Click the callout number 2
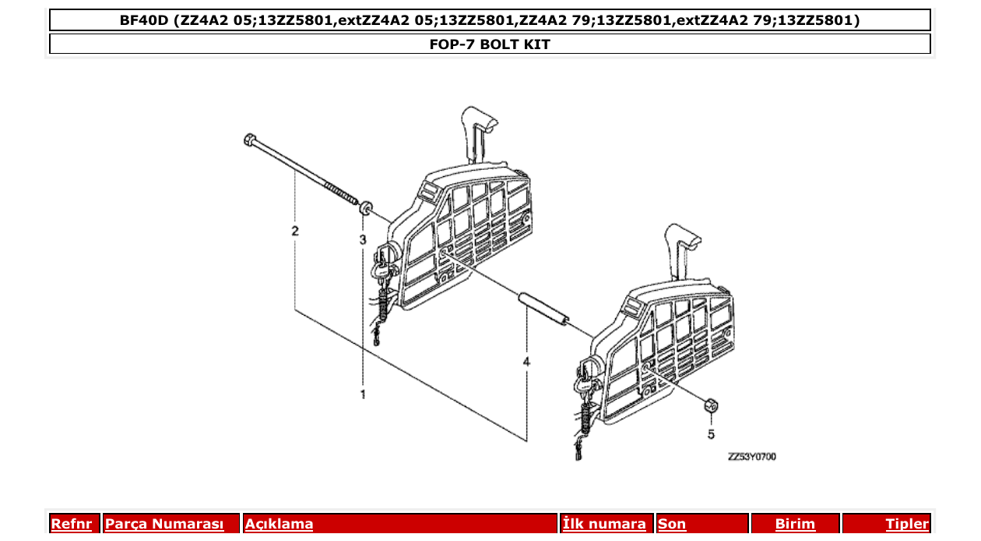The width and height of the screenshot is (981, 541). [295, 231]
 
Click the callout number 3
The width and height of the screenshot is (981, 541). [363, 239]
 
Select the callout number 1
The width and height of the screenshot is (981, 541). [363, 395]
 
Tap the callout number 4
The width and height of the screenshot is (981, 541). [526, 362]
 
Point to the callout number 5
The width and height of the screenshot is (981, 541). [711, 433]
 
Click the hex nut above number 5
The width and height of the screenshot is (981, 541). [709, 405]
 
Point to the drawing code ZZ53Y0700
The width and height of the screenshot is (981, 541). [751, 457]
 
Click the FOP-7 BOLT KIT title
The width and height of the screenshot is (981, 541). [490, 44]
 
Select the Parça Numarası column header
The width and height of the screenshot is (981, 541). [164, 524]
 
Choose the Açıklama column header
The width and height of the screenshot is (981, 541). [280, 524]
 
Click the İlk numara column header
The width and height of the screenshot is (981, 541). [603, 524]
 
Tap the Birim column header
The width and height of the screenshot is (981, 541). [795, 524]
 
